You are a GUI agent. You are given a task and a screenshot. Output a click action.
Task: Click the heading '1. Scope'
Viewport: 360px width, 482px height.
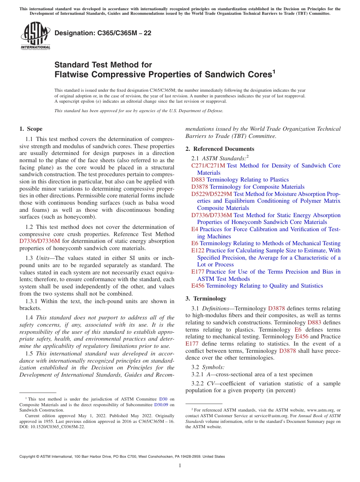point(31,129)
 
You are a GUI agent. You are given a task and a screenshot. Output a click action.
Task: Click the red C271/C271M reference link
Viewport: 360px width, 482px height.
point(208,166)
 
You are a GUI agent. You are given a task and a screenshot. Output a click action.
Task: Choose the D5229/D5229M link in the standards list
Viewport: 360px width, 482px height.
point(211,194)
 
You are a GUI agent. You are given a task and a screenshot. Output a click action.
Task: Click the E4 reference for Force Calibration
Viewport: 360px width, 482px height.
point(194,229)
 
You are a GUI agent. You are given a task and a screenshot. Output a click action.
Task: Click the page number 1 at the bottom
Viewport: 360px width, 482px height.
point(180,465)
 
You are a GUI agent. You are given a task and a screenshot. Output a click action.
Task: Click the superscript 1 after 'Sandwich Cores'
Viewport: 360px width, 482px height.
point(274,71)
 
